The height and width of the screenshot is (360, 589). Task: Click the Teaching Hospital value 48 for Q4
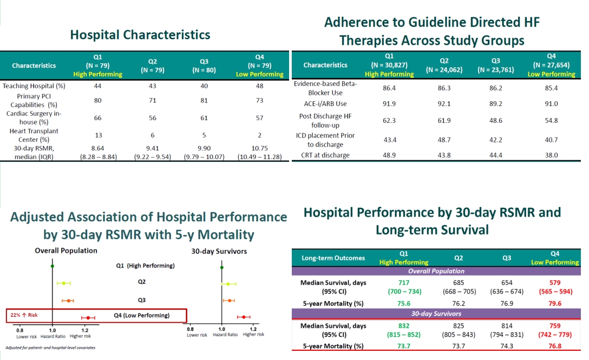coord(259,86)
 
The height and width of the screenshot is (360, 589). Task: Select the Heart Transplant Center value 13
coord(97,135)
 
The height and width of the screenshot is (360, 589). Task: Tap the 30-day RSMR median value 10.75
coord(259,148)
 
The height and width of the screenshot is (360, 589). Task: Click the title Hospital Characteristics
coord(140,35)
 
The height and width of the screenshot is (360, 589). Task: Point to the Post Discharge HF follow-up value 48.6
coord(496,120)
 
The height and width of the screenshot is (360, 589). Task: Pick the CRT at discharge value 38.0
coord(551,155)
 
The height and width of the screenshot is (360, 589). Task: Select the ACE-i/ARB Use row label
coord(325,104)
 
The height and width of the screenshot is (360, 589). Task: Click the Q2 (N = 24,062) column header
coord(444,65)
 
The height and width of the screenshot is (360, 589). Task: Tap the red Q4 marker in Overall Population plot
coord(88,318)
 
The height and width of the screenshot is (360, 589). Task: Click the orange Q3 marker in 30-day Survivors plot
coord(229,300)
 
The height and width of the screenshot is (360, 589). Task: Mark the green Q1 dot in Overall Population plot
coord(52,266)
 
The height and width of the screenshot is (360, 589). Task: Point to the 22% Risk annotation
coord(24,315)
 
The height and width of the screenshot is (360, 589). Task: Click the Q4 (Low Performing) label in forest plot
coord(142,315)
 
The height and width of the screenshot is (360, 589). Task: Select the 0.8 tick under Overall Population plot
coord(19,331)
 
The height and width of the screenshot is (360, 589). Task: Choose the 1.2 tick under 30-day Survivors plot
coord(253,329)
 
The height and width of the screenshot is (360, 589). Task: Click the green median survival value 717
coord(404,283)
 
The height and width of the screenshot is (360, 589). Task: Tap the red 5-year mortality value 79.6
coord(555,303)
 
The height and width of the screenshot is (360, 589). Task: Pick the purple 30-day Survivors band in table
coord(436,313)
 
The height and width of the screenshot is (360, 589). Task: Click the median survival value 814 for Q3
coord(507,326)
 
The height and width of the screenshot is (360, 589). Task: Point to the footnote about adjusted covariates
coord(50,348)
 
